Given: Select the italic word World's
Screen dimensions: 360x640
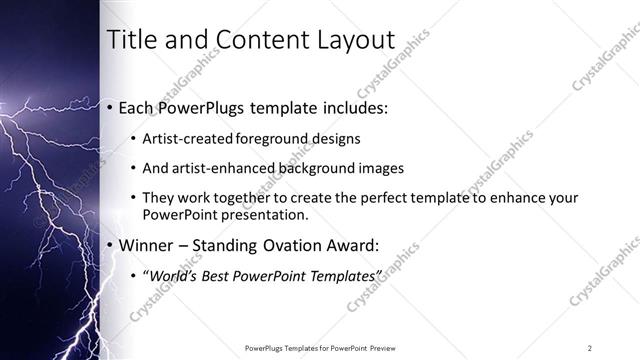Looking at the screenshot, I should pos(173,275).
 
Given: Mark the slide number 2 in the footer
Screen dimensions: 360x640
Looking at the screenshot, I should pos(590,348).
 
